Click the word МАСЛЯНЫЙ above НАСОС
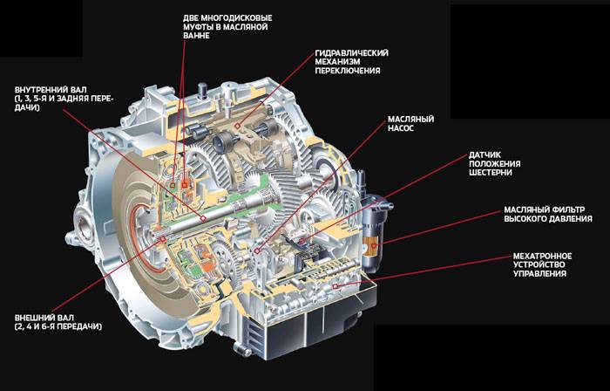(x=410, y=120)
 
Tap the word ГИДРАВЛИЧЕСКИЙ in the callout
(x=352, y=52)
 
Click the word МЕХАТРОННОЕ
(x=542, y=256)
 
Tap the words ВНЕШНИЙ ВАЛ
(x=44, y=318)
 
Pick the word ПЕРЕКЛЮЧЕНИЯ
(x=348, y=71)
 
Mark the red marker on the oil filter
(x=374, y=246)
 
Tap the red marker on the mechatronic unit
(x=334, y=286)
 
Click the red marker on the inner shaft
(x=203, y=219)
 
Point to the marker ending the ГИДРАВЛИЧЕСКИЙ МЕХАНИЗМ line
(x=237, y=126)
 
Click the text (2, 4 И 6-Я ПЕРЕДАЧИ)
(x=58, y=326)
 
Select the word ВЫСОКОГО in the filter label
(x=525, y=219)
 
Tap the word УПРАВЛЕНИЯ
(x=539, y=274)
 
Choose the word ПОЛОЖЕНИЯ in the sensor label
(x=494, y=163)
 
